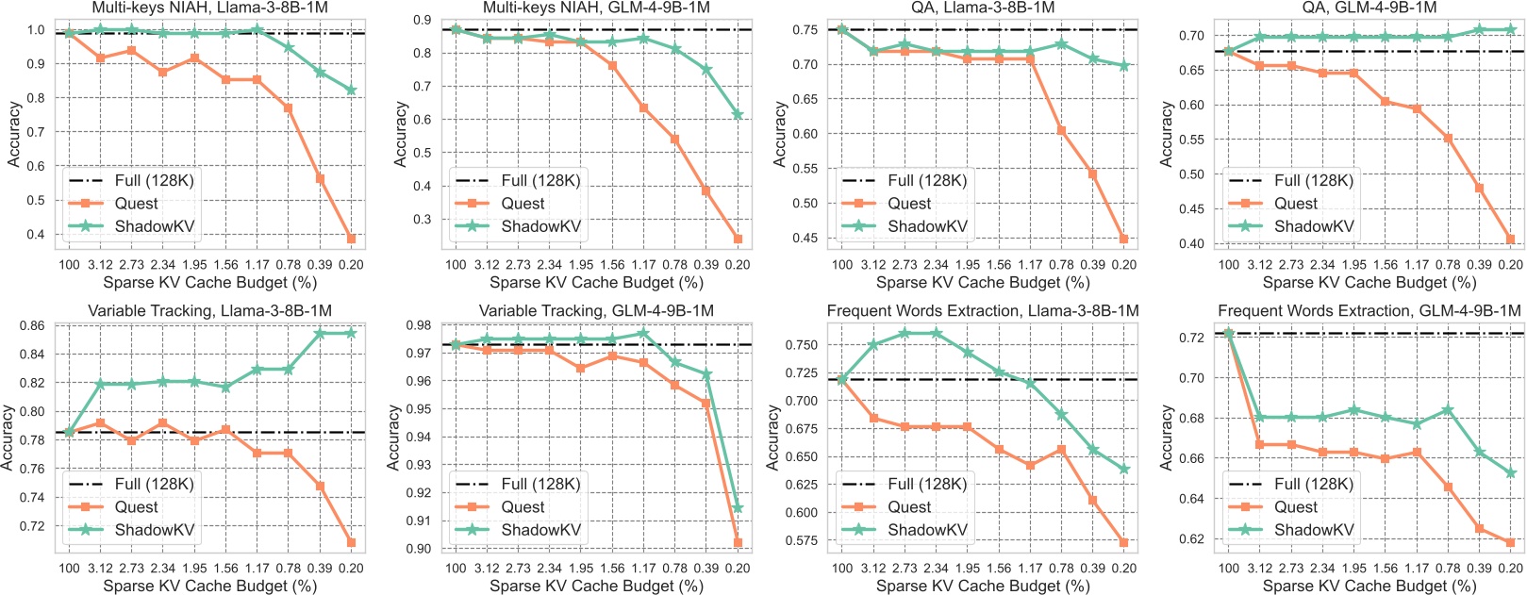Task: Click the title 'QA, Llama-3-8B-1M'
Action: tap(983, 8)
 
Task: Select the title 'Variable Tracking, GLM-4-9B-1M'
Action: tap(596, 310)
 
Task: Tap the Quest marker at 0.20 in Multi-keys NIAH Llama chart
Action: tap(351, 239)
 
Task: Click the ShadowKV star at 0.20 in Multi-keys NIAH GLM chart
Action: tap(738, 114)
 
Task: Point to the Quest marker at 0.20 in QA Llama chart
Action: tap(1124, 239)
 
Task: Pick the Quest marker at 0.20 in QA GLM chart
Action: tap(1511, 240)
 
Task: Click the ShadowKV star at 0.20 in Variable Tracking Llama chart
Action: tap(351, 333)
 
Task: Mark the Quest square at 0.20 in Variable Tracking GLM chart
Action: tap(738, 543)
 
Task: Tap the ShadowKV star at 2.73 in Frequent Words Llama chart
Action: tap(905, 333)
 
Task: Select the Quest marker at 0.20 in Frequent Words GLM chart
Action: tap(1511, 542)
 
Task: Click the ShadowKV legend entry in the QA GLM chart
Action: tap(1314, 226)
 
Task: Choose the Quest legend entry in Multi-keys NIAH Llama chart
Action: tap(136, 204)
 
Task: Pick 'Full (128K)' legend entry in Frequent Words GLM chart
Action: tap(1314, 484)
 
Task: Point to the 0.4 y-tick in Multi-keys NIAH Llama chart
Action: tap(35, 235)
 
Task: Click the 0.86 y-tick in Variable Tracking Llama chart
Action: tap(31, 326)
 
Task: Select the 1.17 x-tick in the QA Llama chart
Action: tap(1030, 265)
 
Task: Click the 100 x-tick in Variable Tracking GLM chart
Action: tap(456, 569)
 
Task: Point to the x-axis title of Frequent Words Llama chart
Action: tap(983, 586)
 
